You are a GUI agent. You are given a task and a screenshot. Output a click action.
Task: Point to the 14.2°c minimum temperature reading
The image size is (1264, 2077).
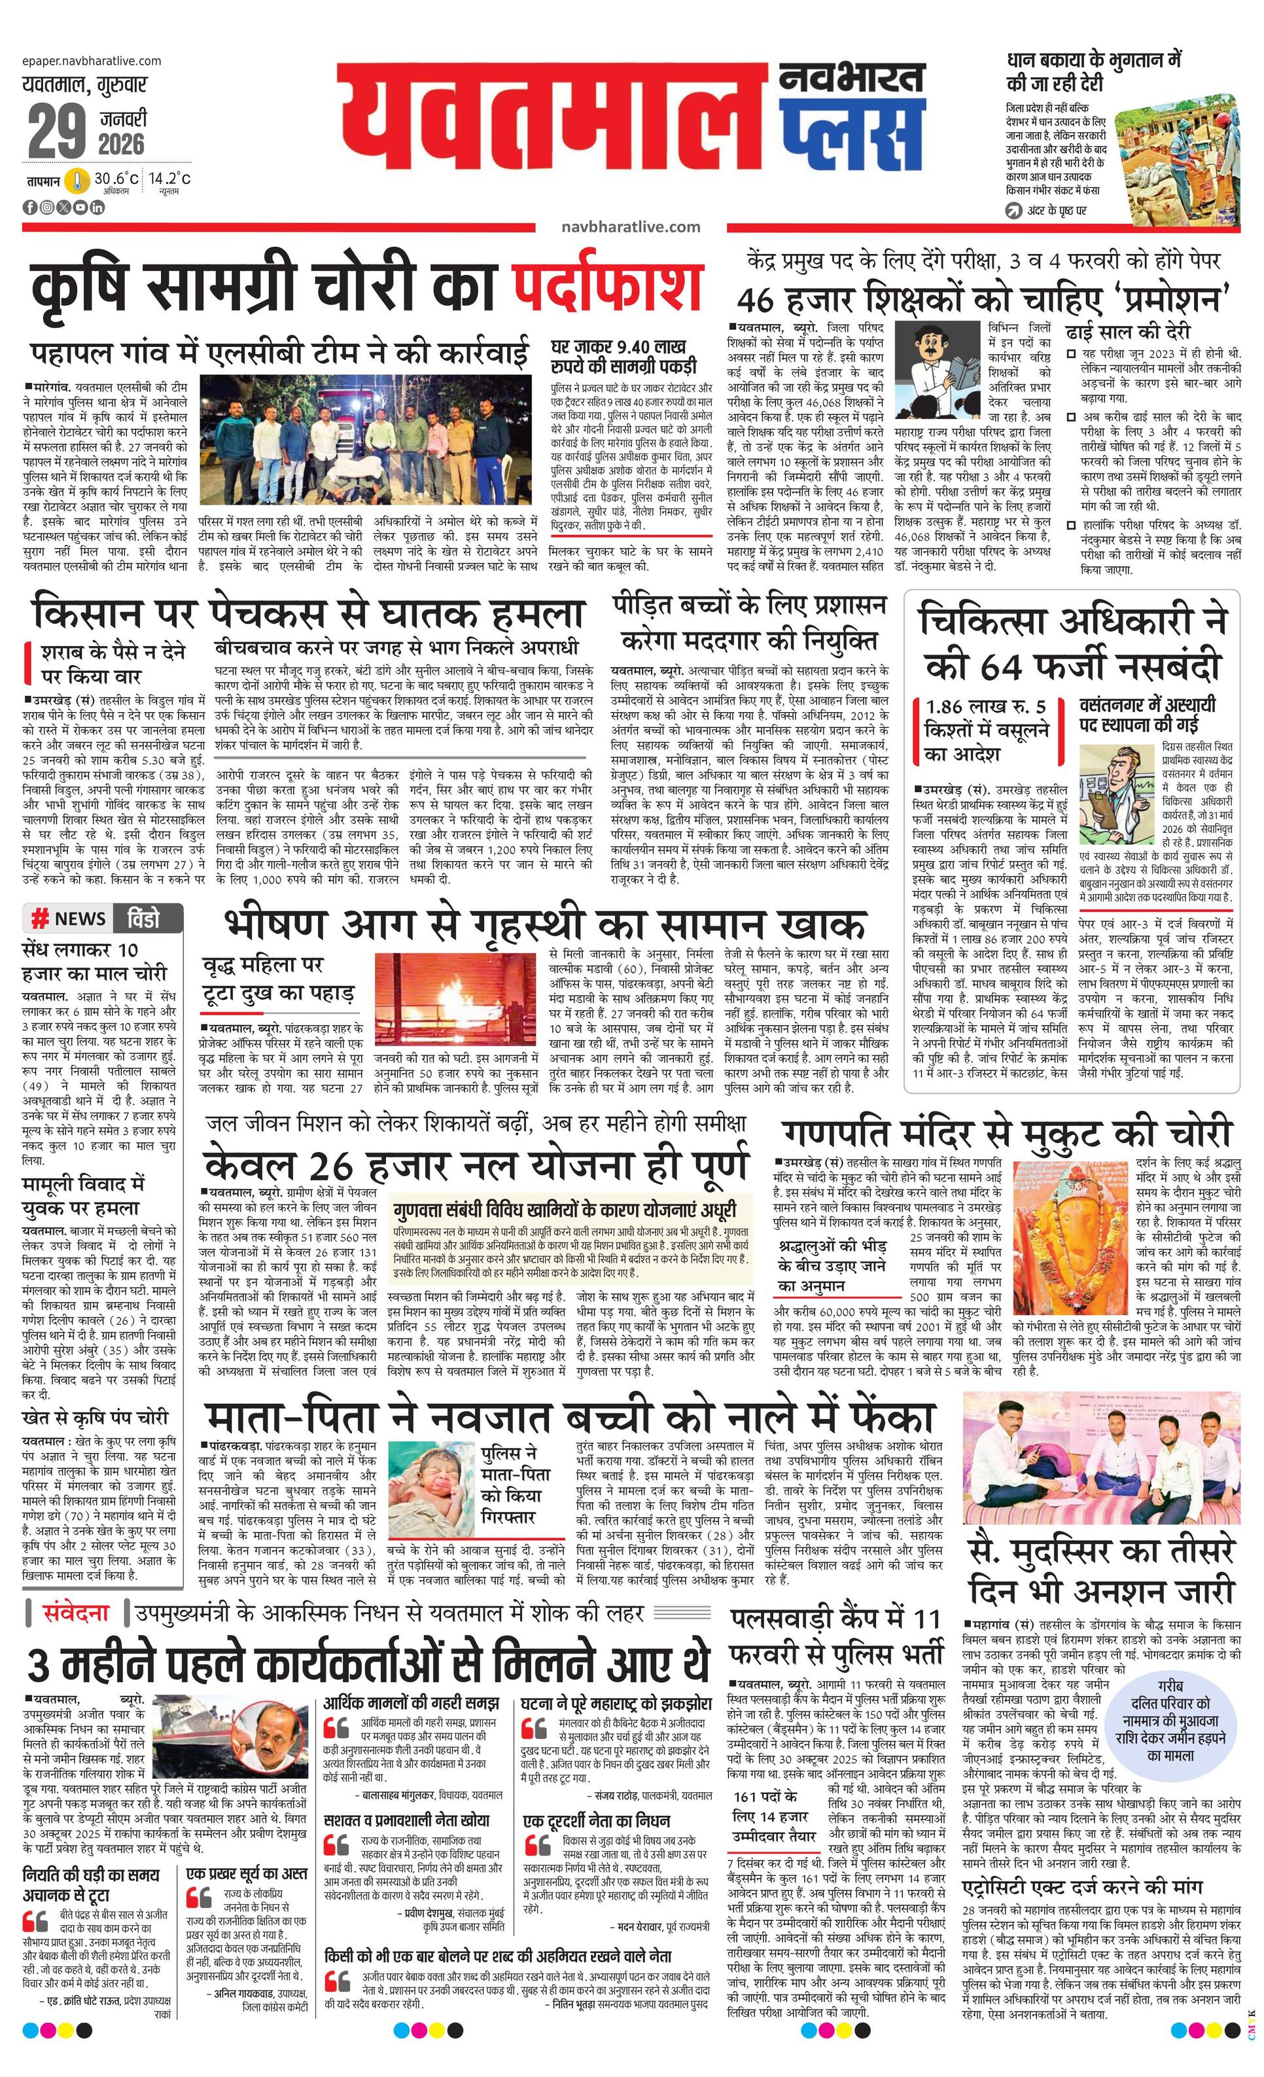(169, 179)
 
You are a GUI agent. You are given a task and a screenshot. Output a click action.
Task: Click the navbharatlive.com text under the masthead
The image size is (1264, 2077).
(630, 226)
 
